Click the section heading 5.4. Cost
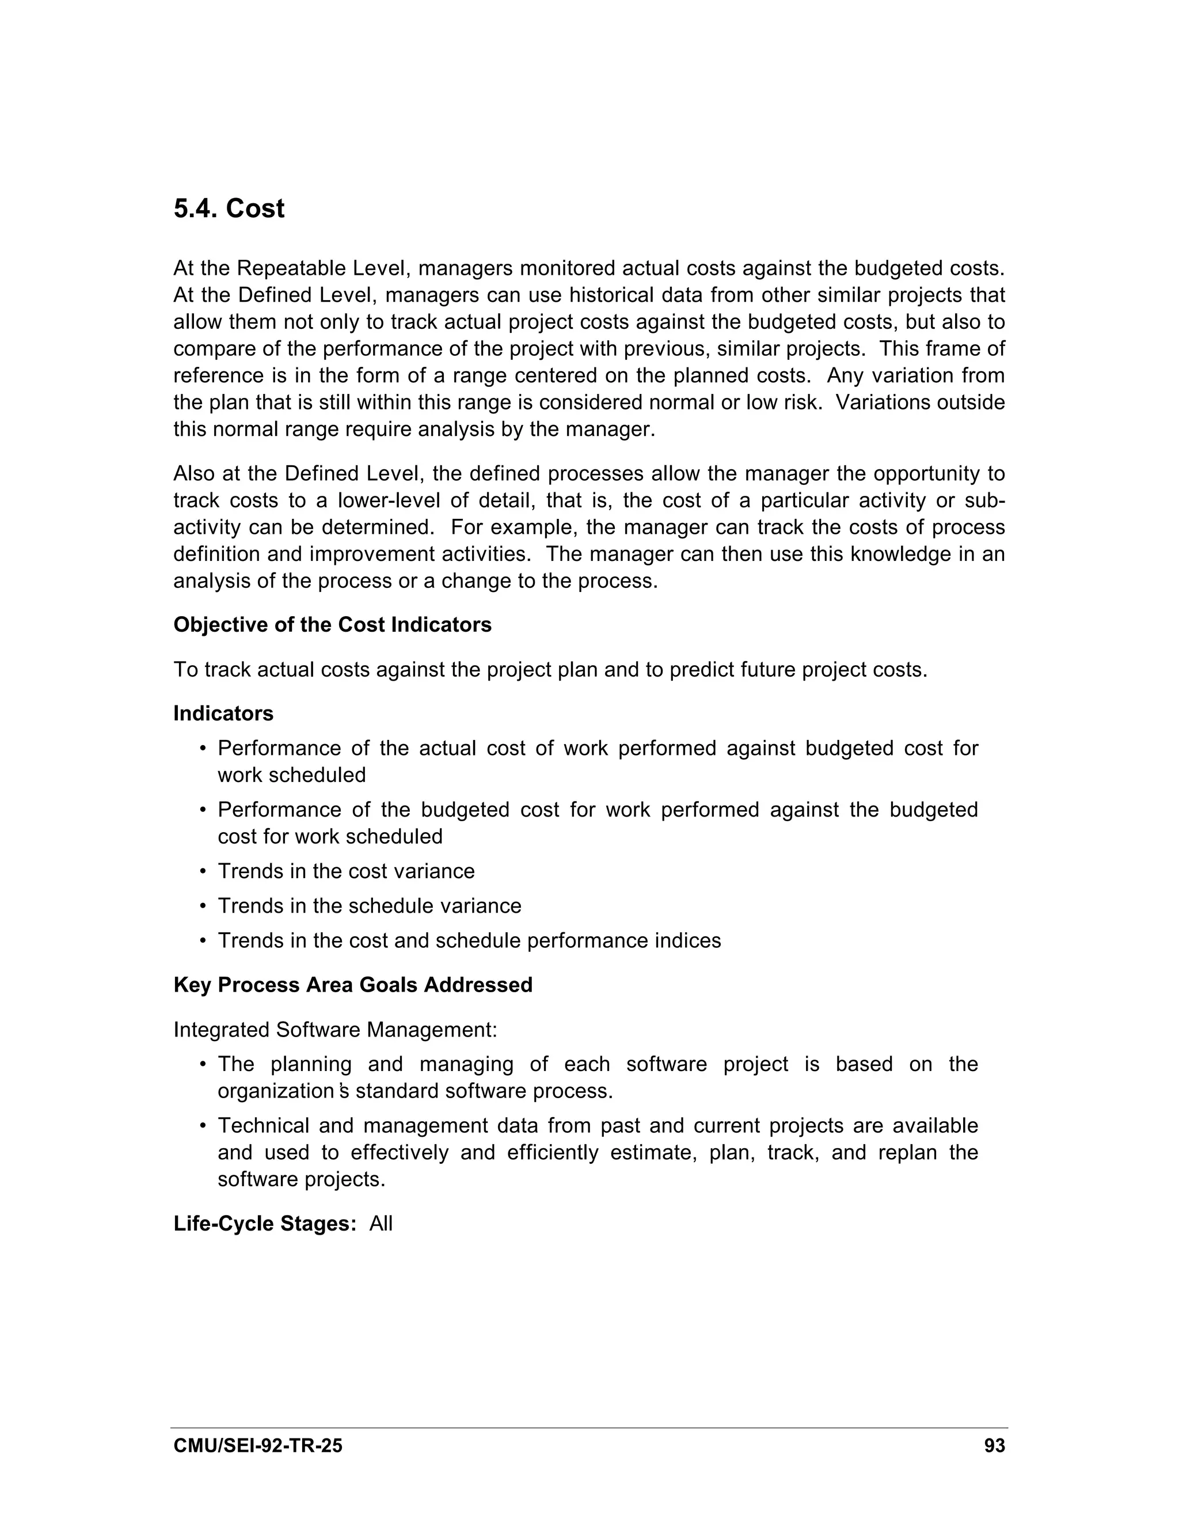coord(229,209)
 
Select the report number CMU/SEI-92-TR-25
coord(258,1445)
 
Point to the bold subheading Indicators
coord(223,713)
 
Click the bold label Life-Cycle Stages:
coord(265,1224)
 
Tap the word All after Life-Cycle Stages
coord(381,1224)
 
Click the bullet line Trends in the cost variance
coord(346,871)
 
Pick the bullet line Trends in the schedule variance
coord(369,906)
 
